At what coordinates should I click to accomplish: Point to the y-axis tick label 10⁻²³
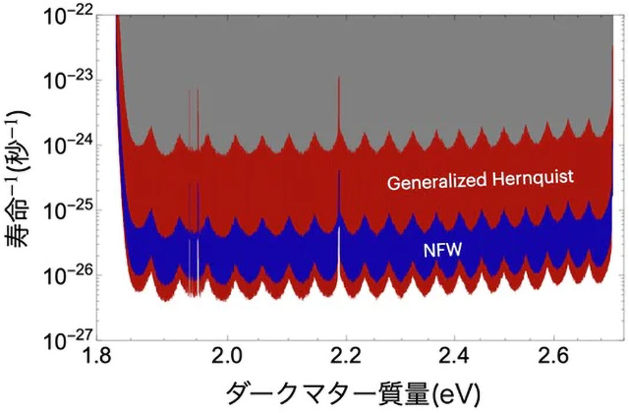[75, 80]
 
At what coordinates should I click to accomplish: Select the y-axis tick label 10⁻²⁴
[75, 145]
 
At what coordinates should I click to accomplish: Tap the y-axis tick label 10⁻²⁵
[75, 209]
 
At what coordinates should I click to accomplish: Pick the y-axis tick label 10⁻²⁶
[75, 274]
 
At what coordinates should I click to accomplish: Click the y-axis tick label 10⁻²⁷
[75, 339]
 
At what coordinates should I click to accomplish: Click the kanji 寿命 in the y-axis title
[21, 231]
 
